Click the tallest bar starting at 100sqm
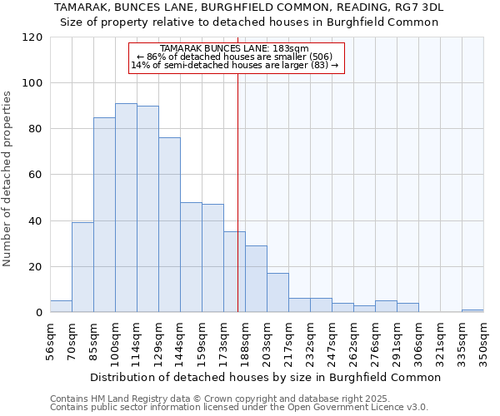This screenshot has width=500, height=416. click(x=126, y=208)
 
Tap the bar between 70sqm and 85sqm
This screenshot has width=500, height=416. click(x=82, y=267)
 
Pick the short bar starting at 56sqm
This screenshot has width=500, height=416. click(x=61, y=306)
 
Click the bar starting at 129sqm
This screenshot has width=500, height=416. click(x=169, y=225)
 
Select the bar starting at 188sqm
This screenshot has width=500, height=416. click(x=256, y=279)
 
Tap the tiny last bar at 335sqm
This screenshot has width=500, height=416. click(x=472, y=310)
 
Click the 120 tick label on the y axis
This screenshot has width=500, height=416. click(x=33, y=37)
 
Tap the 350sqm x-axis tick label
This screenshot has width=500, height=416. click(x=483, y=339)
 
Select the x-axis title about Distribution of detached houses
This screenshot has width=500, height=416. click(x=265, y=377)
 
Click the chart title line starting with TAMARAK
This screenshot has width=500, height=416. click(x=249, y=7)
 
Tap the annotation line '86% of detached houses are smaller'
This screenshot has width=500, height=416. click(x=235, y=57)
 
